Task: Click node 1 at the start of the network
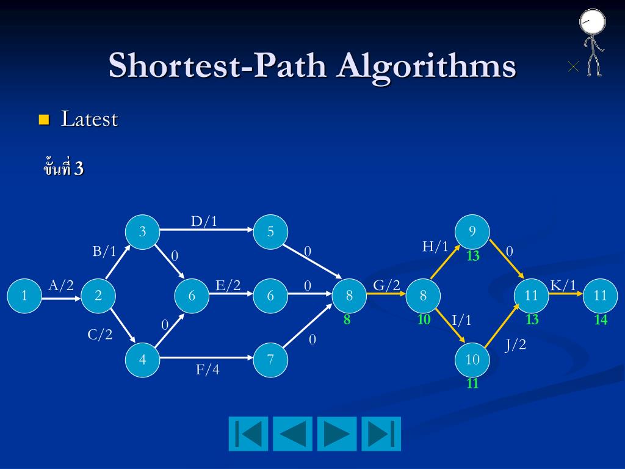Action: (x=24, y=296)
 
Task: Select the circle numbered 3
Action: (x=142, y=231)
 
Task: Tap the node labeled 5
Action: (x=270, y=231)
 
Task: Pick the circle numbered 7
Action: (x=270, y=360)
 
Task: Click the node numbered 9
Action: (x=472, y=231)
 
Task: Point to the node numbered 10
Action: (x=472, y=359)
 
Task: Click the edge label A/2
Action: (x=61, y=285)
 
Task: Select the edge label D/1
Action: (x=204, y=221)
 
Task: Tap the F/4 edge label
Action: (x=208, y=369)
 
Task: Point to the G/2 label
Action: (x=386, y=285)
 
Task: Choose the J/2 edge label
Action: (x=515, y=345)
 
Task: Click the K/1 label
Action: (x=563, y=285)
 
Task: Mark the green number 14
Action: (x=601, y=319)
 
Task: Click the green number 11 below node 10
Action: (x=472, y=384)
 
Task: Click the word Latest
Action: (x=89, y=119)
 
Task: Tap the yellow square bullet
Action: (x=43, y=119)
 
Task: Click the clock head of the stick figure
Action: (x=593, y=21)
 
